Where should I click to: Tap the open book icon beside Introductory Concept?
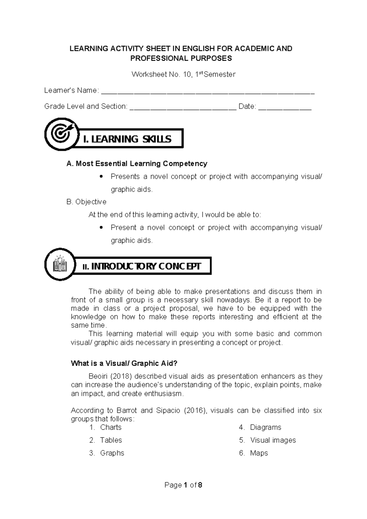[x=60, y=264]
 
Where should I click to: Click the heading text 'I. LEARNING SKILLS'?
[x=127, y=139]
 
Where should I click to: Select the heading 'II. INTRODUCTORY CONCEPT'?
[x=142, y=266]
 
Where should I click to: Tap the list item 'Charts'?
[x=111, y=427]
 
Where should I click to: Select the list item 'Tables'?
[x=111, y=440]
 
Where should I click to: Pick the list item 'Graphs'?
[x=112, y=453]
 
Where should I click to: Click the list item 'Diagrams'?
[x=265, y=427]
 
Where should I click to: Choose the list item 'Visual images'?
[x=273, y=440]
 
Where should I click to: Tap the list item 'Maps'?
[x=259, y=453]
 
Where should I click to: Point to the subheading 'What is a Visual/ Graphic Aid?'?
[x=124, y=363]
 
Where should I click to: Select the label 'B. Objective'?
[x=86, y=202]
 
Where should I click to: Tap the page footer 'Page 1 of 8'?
[x=183, y=485]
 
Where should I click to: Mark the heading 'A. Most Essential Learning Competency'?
[x=137, y=164]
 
